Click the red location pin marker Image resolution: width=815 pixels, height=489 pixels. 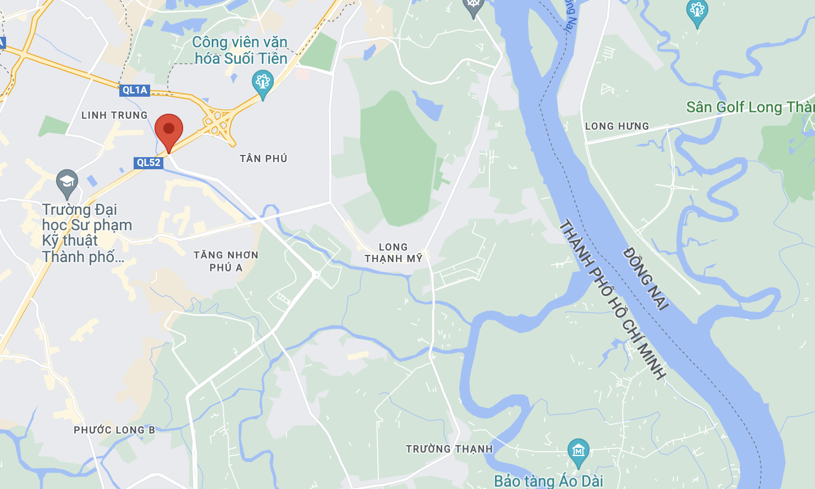169,130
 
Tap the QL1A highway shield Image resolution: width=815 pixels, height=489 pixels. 135,90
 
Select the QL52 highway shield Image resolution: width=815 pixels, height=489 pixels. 148,163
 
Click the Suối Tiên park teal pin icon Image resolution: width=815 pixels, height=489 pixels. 263,83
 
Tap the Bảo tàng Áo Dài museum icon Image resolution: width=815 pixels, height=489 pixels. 578,451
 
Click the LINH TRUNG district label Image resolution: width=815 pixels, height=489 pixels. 114,115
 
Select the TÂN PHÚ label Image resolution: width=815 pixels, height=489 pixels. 263,159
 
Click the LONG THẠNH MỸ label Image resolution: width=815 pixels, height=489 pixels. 393,253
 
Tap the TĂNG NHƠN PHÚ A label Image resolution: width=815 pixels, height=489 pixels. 226,261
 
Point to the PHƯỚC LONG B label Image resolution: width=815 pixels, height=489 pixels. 114,430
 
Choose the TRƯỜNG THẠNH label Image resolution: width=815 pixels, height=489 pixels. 449,449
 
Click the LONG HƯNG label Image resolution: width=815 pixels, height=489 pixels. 617,126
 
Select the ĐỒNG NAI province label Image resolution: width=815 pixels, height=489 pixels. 646,279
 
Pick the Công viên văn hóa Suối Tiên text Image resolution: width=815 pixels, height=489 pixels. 240,50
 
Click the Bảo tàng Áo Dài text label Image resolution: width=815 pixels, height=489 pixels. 548,481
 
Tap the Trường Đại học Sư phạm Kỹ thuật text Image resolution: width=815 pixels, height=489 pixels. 86,233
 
